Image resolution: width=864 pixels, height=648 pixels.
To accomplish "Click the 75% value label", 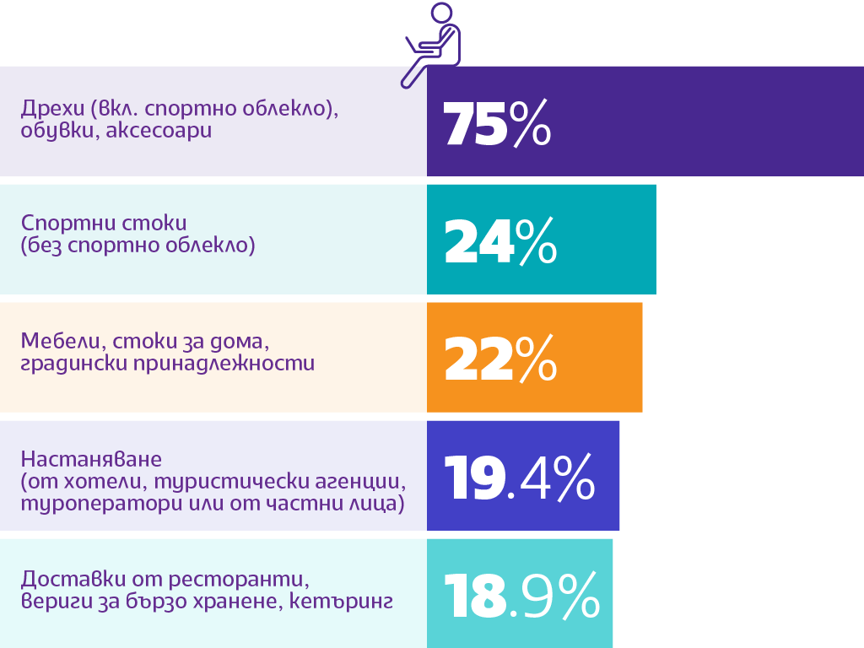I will (497, 123).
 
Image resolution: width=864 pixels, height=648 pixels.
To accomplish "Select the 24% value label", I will (499, 241).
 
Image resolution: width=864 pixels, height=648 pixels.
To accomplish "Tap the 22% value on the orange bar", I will (499, 359).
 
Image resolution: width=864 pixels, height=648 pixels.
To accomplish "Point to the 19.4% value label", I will (519, 478).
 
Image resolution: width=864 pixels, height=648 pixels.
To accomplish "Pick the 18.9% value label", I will (521, 596).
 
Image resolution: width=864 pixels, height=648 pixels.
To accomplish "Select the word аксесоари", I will (159, 131).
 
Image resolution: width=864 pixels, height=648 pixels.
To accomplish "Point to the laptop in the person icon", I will (419, 46).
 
